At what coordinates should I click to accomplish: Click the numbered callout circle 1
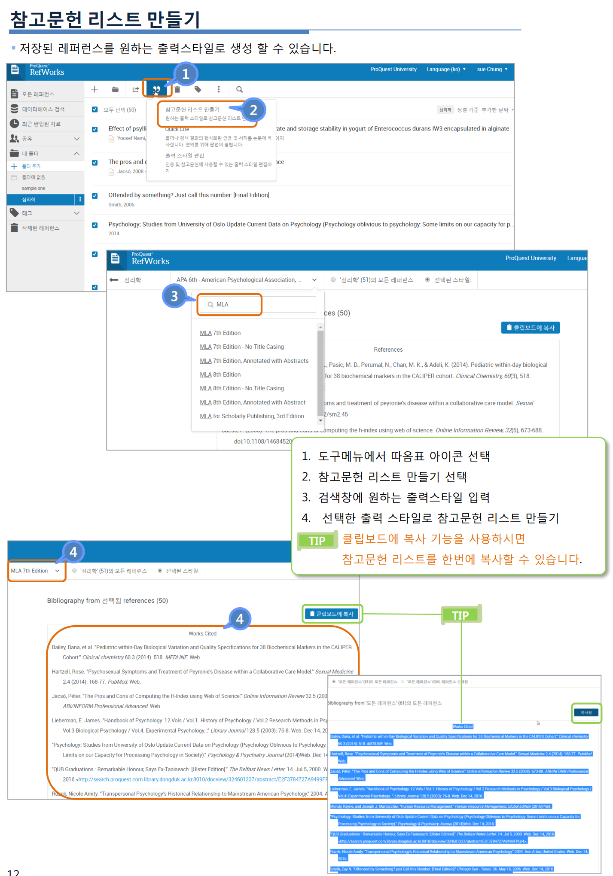point(186,74)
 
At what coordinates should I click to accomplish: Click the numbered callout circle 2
point(253,110)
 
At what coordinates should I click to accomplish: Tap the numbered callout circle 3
point(174,296)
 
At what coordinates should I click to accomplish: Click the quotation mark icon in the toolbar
point(156,89)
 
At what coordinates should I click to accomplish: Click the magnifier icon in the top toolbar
point(239,89)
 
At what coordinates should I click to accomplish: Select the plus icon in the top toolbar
point(95,89)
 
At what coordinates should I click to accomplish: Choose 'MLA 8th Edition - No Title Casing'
point(242,388)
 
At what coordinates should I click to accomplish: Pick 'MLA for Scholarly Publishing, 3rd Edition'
point(252,416)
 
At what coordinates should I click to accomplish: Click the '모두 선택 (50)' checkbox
point(95,109)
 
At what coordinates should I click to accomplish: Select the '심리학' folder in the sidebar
point(29,200)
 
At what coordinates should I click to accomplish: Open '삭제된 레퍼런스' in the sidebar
point(40,228)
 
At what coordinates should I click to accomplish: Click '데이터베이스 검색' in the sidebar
point(43,109)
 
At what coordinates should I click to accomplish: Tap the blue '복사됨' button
point(586,712)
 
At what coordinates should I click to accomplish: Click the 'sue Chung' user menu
point(492,69)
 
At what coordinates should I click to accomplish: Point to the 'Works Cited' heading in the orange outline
point(202,633)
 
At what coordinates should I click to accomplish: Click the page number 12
point(13,872)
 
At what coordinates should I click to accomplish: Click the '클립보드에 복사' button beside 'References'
point(530,328)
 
